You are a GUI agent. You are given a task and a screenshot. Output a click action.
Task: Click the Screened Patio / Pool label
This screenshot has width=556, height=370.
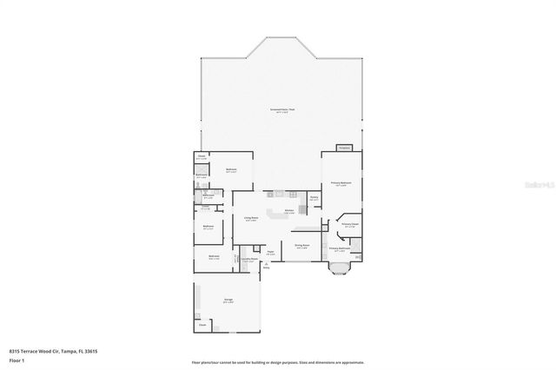point(281,109)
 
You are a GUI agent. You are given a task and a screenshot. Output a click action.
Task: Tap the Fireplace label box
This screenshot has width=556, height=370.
point(345,148)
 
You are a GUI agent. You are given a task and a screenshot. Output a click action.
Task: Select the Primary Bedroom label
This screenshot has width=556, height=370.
point(341,183)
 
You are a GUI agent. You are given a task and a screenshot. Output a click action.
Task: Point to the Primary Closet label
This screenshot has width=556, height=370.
point(351,225)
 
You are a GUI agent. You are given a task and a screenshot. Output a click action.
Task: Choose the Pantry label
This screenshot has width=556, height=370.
point(314,198)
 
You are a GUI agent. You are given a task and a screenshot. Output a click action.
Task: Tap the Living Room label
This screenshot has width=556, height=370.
point(250,219)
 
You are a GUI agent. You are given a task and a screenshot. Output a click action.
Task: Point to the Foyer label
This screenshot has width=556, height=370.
point(271,253)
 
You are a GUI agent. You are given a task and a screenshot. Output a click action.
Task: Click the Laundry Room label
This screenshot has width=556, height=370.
point(248,260)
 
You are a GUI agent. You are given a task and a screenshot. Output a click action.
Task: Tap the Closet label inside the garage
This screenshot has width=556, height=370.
point(202,325)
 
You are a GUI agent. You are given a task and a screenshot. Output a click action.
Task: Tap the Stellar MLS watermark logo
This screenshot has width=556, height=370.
point(538,185)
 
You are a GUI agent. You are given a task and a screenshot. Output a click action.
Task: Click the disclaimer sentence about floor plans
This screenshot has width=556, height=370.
point(278,362)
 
